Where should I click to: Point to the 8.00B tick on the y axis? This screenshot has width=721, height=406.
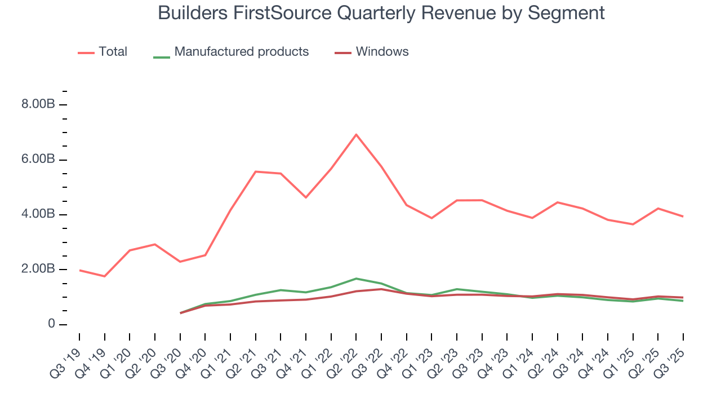39,105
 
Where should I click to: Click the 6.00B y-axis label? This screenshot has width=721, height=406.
39,160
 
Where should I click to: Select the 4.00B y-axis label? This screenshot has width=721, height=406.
39,214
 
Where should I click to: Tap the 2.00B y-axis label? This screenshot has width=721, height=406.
39,269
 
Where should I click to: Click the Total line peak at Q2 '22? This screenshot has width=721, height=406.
356,134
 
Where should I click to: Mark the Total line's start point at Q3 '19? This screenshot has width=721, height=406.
79,270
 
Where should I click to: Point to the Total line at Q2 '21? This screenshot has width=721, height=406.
256,171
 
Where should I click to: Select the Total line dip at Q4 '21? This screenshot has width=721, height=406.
306,197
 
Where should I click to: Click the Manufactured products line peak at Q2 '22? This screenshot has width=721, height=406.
356,279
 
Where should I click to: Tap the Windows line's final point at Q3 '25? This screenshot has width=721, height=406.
683,297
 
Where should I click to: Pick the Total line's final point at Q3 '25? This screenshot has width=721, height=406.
683,217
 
